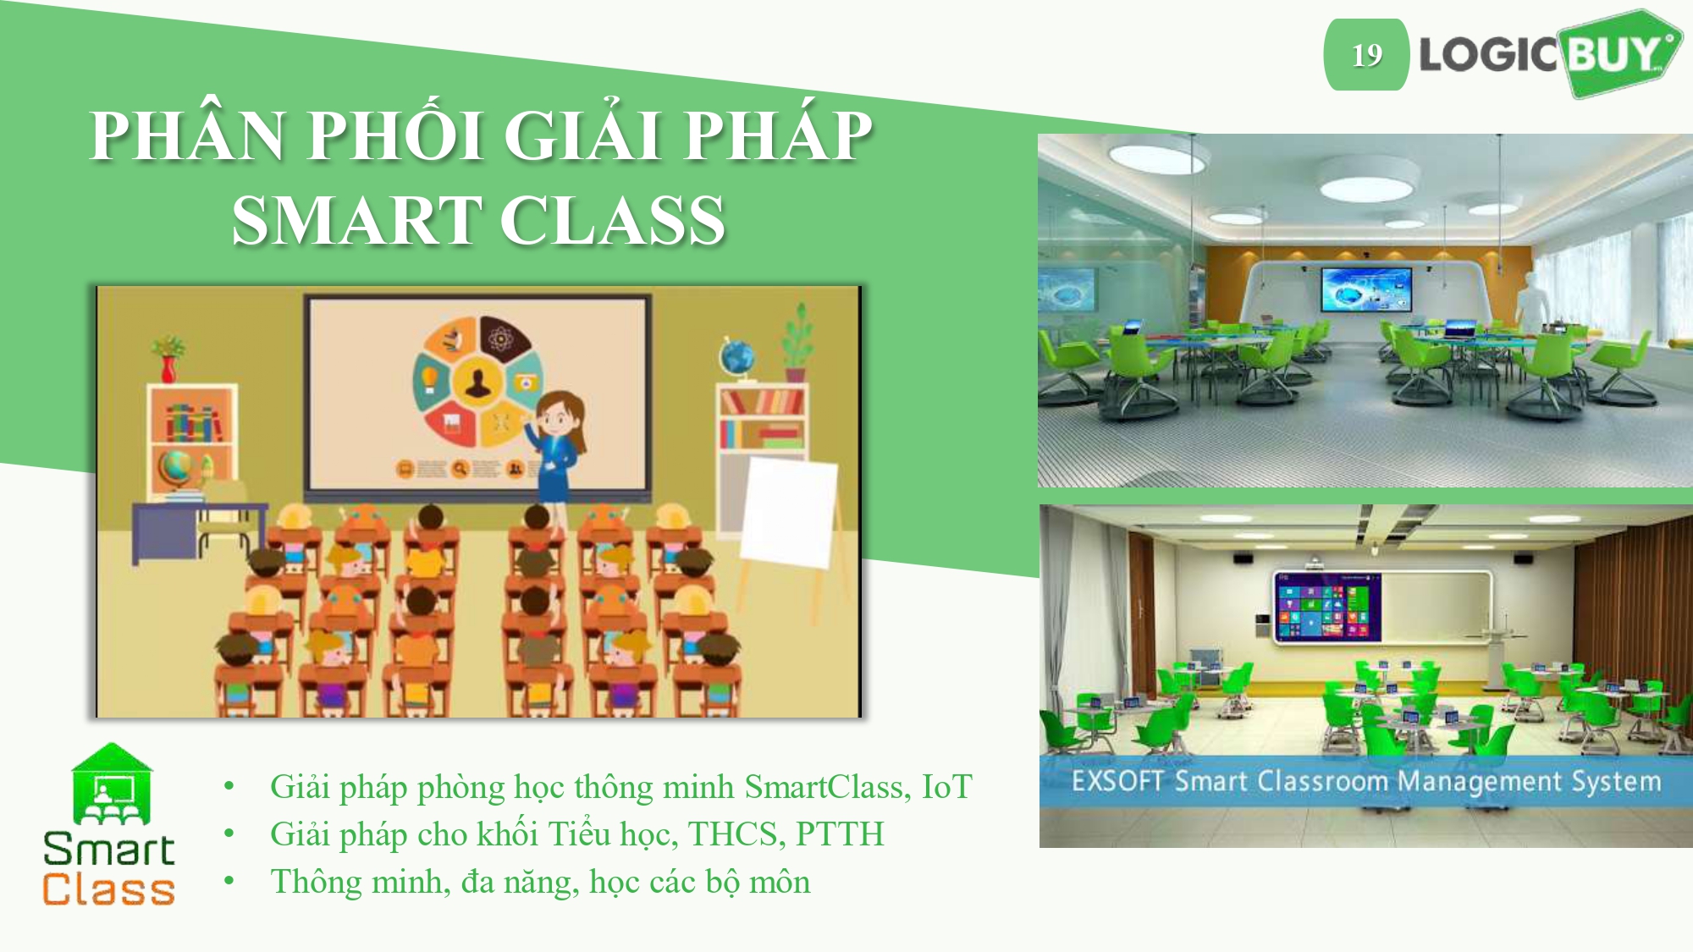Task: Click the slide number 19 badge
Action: [1366, 55]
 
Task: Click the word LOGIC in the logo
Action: [1488, 55]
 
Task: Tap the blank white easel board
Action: [789, 511]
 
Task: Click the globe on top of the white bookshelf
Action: [736, 357]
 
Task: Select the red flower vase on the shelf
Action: [168, 368]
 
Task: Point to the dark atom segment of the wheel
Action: [501, 338]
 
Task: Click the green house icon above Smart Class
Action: [112, 784]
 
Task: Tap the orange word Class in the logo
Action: [109, 889]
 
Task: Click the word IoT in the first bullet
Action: [946, 787]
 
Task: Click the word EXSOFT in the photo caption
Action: [1118, 780]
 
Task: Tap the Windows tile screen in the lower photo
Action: [1327, 606]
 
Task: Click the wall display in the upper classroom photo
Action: [1366, 289]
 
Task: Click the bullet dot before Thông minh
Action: [229, 881]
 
